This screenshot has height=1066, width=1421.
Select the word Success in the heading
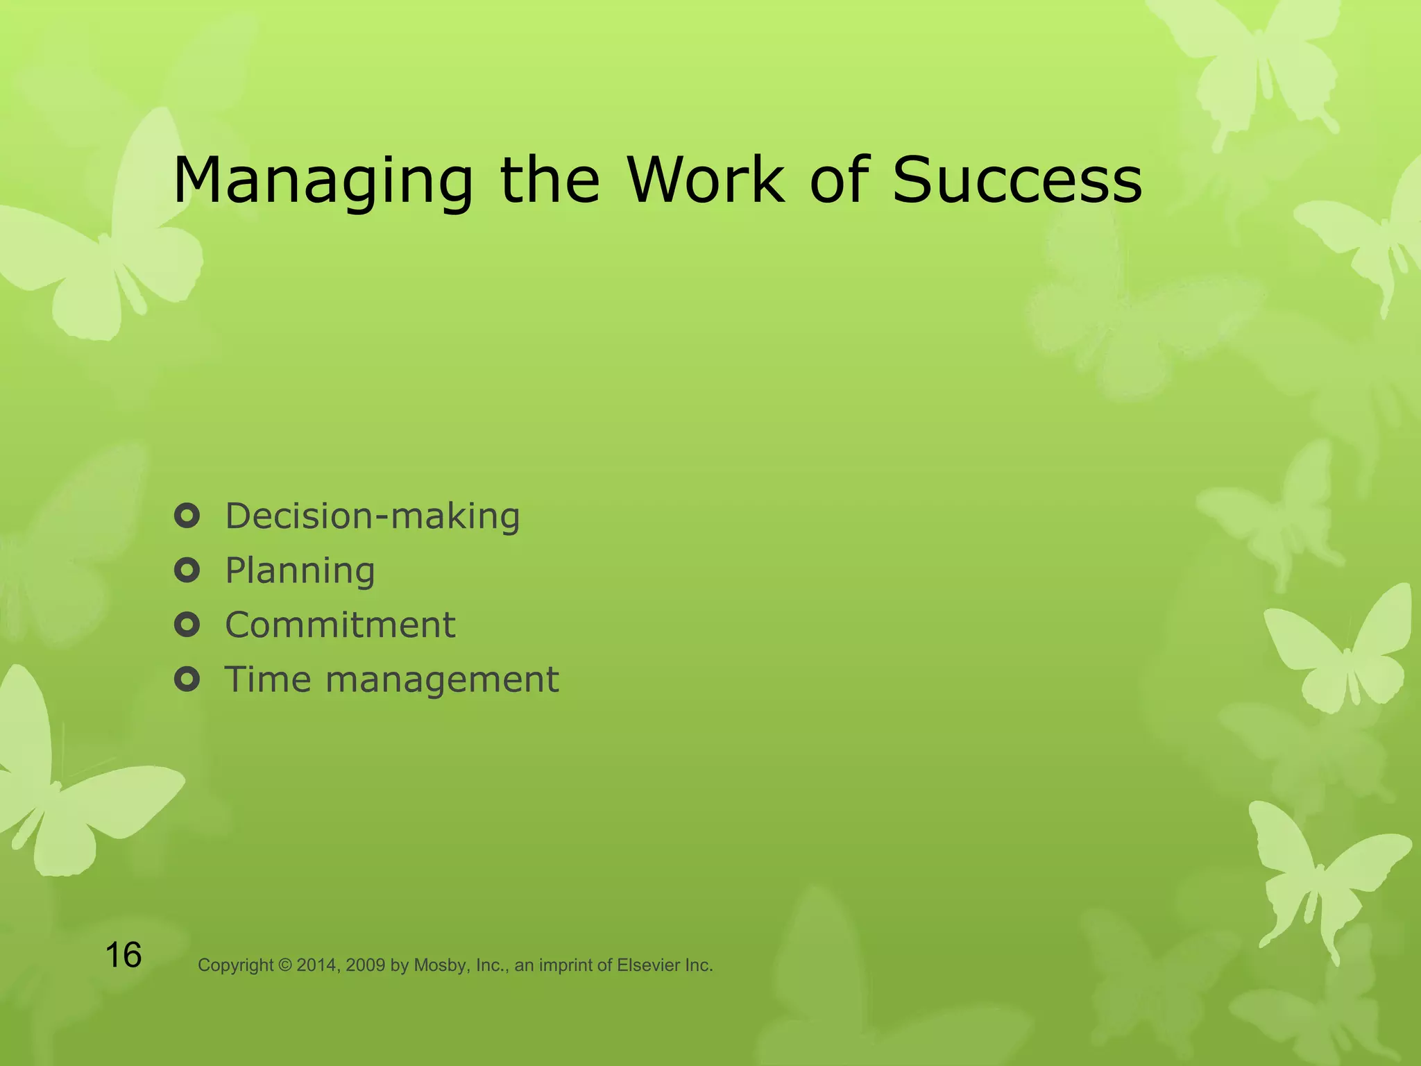click(x=1016, y=180)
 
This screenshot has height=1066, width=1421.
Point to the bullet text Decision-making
click(x=373, y=516)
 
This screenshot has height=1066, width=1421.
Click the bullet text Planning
click(x=300, y=570)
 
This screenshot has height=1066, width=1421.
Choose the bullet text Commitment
click(x=340, y=625)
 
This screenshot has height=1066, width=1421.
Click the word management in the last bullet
click(x=442, y=680)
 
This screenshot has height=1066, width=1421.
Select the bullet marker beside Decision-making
click(x=187, y=516)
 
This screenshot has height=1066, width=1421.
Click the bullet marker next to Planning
click(x=187, y=570)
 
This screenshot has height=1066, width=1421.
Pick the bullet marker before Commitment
click(x=187, y=625)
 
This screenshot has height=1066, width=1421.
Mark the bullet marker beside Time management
click(x=187, y=679)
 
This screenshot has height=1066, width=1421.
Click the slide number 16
click(x=124, y=955)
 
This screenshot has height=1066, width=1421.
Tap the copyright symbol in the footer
click(x=285, y=965)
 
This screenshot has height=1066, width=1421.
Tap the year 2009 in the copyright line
click(x=365, y=965)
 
